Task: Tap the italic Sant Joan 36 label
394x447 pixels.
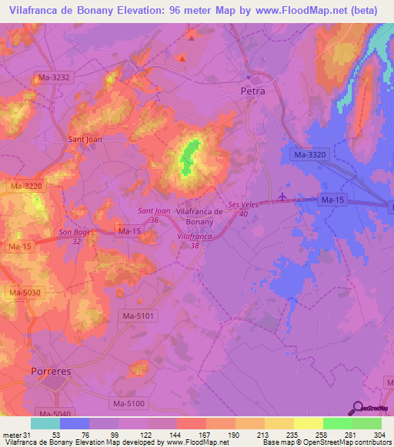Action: [x=154, y=215]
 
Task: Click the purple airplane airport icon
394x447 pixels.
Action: [x=282, y=197]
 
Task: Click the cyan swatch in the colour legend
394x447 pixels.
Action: [x=45, y=423]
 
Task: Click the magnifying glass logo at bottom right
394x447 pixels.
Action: [x=358, y=408]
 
